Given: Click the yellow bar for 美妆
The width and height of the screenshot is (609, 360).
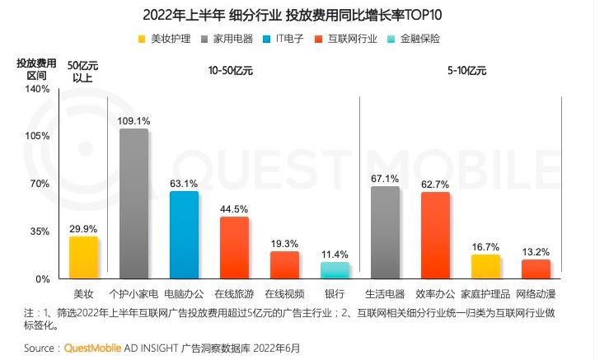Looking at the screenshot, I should (x=83, y=258).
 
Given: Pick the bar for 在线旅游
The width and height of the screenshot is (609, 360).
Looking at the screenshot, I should (x=234, y=247).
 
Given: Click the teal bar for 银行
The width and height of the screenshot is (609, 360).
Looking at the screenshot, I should (x=335, y=270).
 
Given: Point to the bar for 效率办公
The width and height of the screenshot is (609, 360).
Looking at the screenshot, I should (x=435, y=236).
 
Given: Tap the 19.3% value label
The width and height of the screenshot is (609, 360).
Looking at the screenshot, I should (x=284, y=243).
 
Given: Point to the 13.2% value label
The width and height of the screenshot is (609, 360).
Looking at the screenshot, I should (x=536, y=251).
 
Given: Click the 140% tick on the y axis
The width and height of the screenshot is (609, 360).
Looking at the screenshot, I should (x=38, y=88).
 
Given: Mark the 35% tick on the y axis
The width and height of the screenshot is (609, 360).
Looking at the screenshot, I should (x=40, y=231).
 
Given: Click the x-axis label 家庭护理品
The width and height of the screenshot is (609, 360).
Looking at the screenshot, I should (x=485, y=294).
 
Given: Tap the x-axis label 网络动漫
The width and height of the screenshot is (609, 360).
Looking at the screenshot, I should (x=536, y=294).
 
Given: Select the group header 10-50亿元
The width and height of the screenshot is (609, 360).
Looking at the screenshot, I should (x=231, y=72).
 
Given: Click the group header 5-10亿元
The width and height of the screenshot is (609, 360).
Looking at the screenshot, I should (x=467, y=72).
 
